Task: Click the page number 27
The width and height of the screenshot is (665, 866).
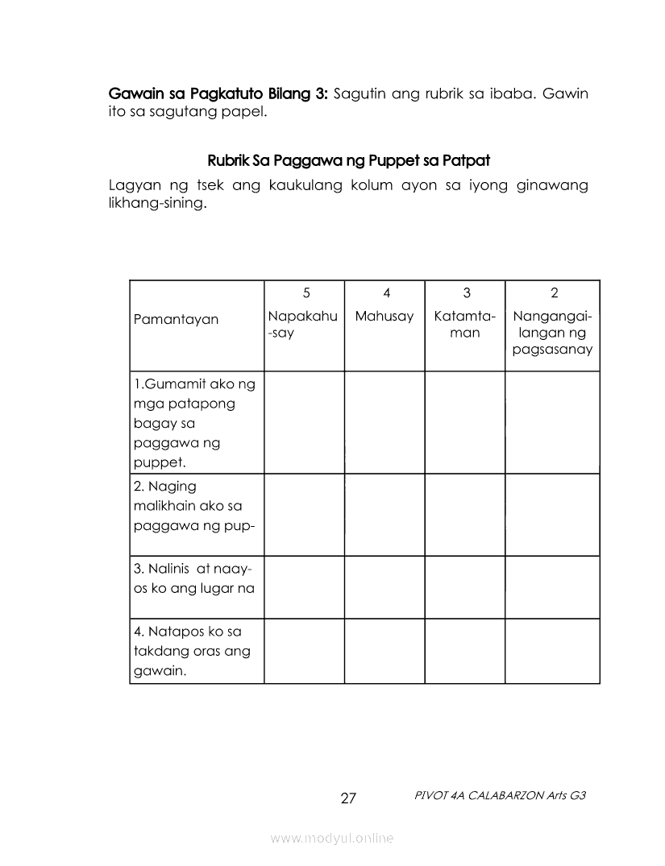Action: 348,798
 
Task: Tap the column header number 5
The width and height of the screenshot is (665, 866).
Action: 305,293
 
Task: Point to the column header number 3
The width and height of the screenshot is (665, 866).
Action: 466,293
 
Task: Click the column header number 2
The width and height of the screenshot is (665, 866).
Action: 554,293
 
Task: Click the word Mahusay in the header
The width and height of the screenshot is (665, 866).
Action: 384,316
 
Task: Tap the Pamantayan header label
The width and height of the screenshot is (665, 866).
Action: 176,319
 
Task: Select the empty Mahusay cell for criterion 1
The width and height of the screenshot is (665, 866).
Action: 384,422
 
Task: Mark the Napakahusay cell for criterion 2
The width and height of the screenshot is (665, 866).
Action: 304,515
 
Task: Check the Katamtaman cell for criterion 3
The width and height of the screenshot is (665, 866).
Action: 465,587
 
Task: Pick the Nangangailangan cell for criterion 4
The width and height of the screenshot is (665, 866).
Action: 553,651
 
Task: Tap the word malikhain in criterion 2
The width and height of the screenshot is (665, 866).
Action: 164,507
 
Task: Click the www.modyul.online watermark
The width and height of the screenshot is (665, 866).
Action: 332,839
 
